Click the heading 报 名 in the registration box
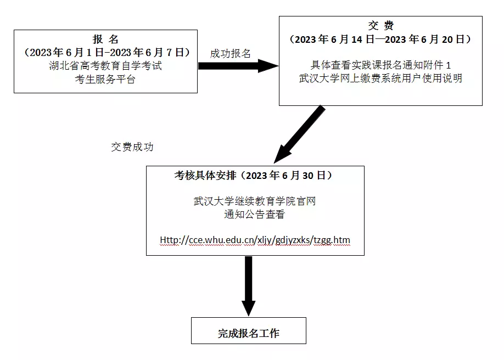[x=105, y=39]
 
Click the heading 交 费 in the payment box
[x=380, y=25]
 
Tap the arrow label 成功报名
[x=230, y=53]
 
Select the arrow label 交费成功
[x=132, y=147]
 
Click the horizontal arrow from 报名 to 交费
[x=238, y=66]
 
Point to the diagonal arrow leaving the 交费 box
[x=299, y=134]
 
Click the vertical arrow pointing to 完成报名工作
[x=249, y=286]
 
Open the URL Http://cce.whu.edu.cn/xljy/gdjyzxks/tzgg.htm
[x=255, y=240]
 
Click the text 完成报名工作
[x=249, y=333]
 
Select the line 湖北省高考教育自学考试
[x=105, y=65]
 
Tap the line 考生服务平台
[x=105, y=79]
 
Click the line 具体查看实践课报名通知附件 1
[x=380, y=65]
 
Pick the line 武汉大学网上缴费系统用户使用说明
[x=380, y=78]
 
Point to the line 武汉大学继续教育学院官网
[x=255, y=201]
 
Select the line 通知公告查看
[x=255, y=215]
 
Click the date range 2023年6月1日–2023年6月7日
[x=107, y=52]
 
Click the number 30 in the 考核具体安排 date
[x=307, y=176]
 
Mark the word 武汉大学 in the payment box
[x=319, y=78]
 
